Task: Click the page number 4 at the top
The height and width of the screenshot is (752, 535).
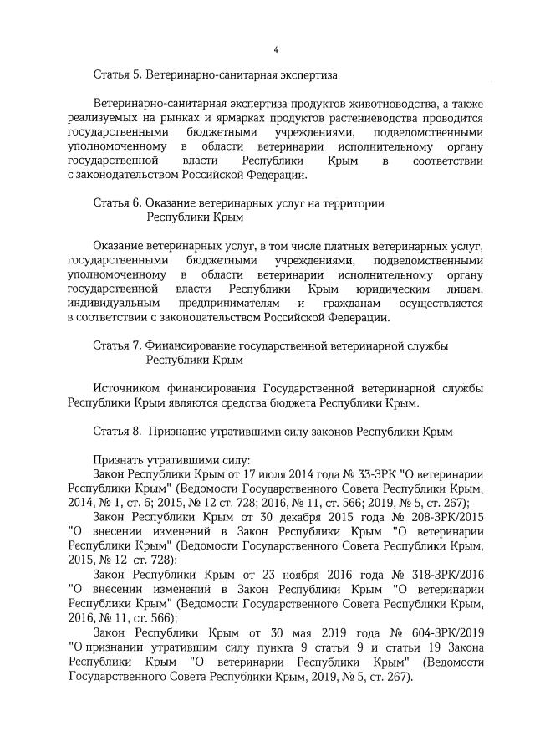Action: [275, 49]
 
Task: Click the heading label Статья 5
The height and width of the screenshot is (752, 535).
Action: [118, 76]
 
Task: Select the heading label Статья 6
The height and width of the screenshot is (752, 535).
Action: [118, 203]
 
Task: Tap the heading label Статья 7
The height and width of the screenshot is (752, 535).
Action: [118, 345]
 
